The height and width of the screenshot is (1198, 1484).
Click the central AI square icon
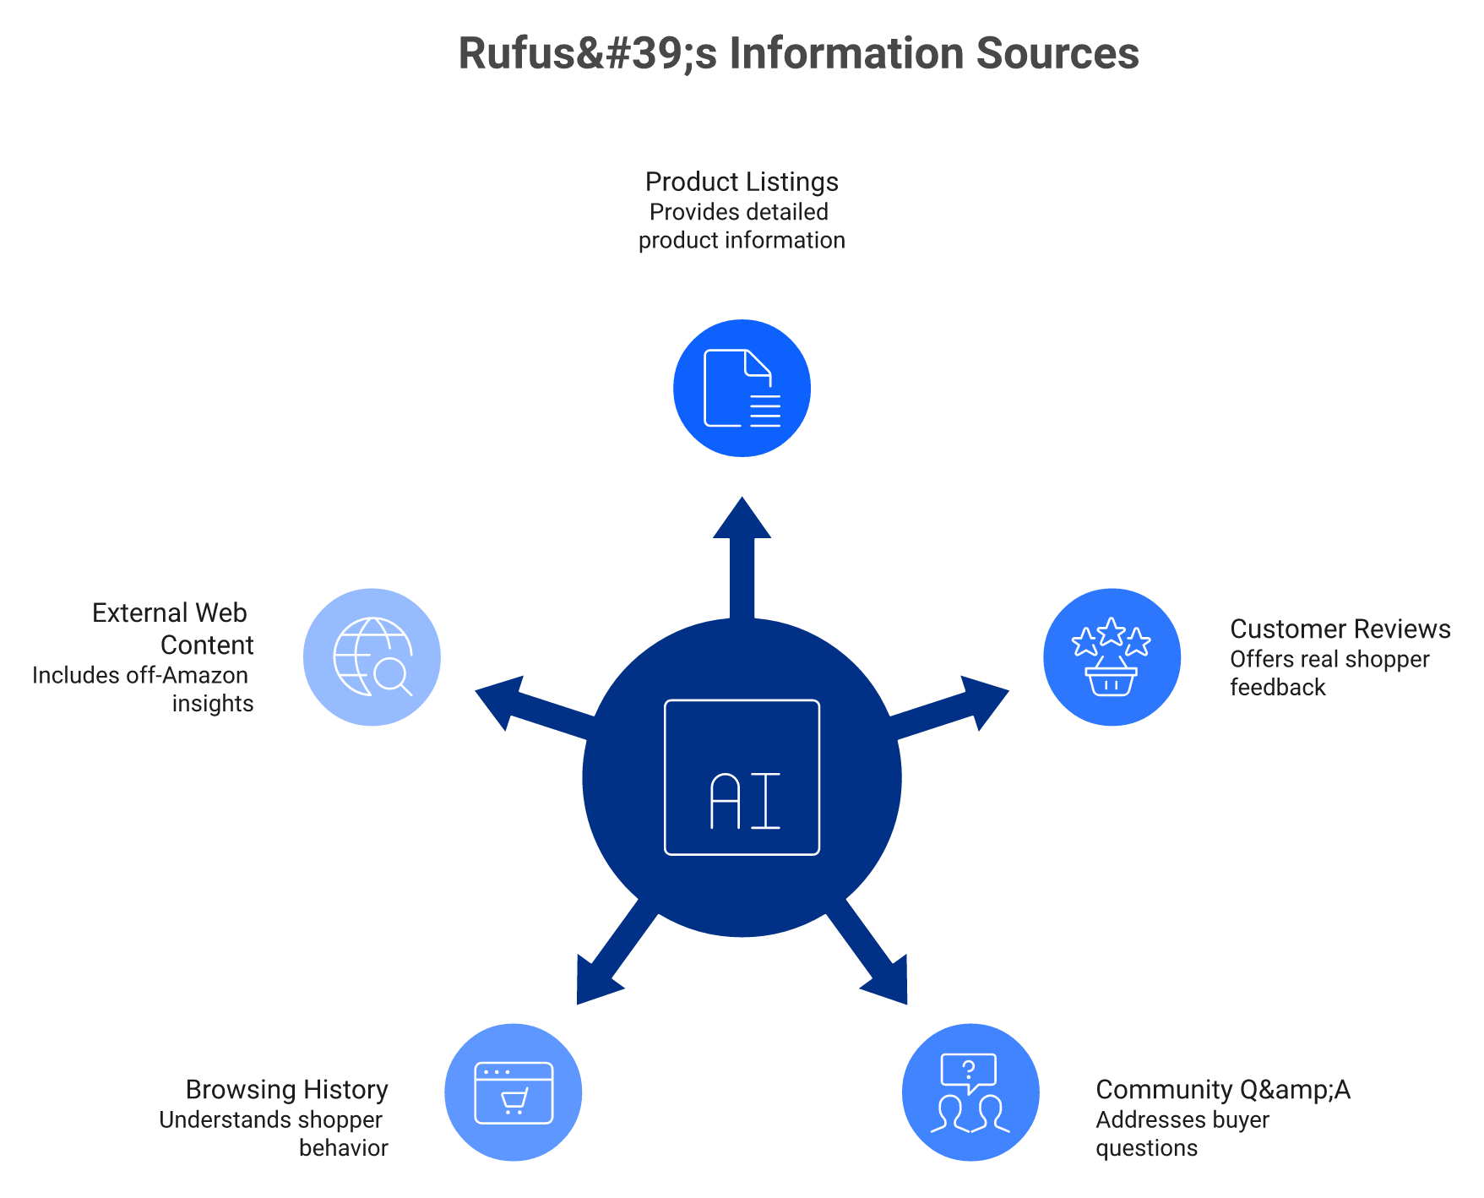click(x=742, y=777)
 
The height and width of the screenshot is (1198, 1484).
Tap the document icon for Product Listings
click(x=742, y=389)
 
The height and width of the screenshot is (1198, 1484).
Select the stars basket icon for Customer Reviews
click(x=1112, y=657)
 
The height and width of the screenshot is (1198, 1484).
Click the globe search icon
click(x=372, y=657)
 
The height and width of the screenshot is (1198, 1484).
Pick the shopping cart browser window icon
click(x=514, y=1092)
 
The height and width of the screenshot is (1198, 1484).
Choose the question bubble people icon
click(x=970, y=1092)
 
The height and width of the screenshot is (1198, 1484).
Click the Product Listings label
click(x=742, y=182)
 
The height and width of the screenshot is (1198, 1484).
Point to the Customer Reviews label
click(x=1340, y=629)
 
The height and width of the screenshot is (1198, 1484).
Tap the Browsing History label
click(x=287, y=1090)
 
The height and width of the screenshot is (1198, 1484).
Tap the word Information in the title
click(x=846, y=53)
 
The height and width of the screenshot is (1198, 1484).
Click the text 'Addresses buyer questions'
click(x=1182, y=1134)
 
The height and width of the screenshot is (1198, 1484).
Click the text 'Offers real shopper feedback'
click(x=1329, y=673)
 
